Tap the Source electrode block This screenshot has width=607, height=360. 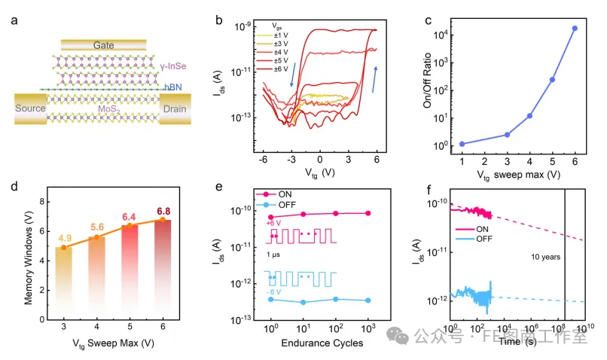[x=31, y=108]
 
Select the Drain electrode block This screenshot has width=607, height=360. [x=176, y=108]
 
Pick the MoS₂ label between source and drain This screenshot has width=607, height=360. [x=106, y=109]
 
